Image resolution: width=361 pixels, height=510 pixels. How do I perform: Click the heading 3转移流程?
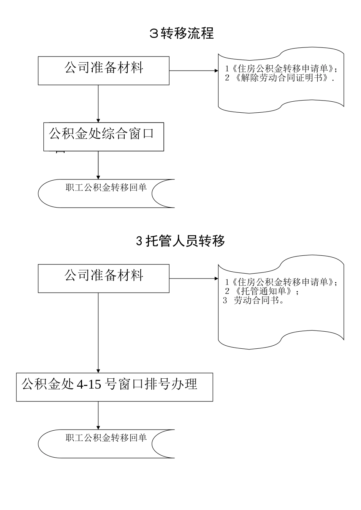[x=181, y=33]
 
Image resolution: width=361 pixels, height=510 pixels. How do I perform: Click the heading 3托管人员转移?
[x=180, y=241]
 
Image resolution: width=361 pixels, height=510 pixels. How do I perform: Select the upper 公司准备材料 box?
[x=103, y=71]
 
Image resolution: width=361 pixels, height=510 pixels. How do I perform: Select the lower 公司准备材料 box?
[x=103, y=278]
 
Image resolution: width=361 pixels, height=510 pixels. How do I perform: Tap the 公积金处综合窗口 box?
[x=103, y=137]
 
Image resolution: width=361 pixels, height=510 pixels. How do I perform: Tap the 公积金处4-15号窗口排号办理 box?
[x=114, y=387]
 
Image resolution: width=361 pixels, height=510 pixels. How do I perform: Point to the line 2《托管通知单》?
[x=262, y=291]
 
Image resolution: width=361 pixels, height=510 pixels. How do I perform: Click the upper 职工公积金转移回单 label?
[x=106, y=187]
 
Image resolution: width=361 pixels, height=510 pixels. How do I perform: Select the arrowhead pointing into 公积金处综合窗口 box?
[x=98, y=120]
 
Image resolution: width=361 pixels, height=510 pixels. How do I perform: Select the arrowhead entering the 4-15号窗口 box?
[x=98, y=370]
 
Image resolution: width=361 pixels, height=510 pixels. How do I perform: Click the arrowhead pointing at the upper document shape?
[x=215, y=71]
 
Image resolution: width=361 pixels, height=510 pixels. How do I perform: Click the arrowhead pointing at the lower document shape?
[x=215, y=279]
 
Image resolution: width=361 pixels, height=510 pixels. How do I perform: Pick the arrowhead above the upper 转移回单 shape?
[x=98, y=177]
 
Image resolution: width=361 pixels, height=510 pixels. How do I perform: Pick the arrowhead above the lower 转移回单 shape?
[x=98, y=427]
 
